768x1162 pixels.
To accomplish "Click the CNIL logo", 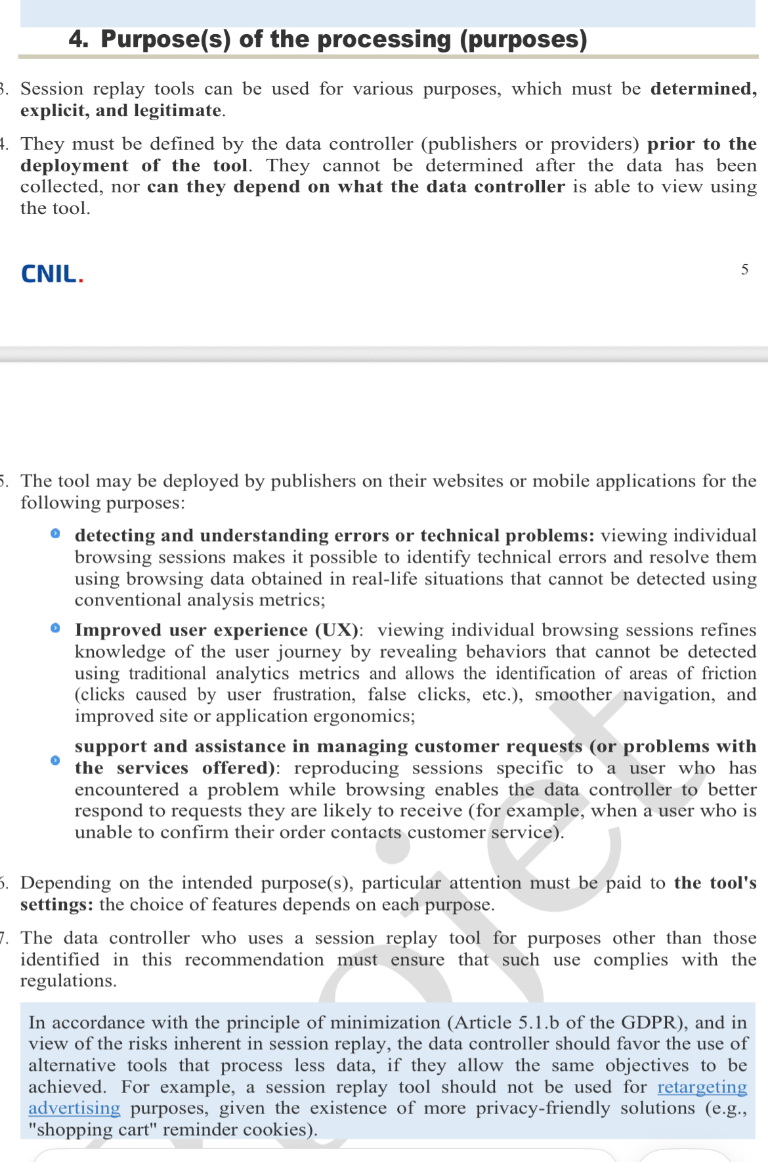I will (52, 274).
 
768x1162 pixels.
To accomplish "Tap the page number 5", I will (744, 270).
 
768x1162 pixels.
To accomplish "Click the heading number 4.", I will (78, 39).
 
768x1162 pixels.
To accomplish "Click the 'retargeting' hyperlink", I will (702, 1087).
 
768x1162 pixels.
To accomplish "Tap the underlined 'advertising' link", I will (74, 1108).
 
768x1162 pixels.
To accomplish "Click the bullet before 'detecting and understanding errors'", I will (56, 534).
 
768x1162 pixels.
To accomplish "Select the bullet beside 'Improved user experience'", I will (56, 628).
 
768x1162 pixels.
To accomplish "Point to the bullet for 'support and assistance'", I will (56, 760).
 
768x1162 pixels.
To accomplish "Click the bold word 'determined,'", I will (703, 89).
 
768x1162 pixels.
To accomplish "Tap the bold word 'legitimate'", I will (177, 110).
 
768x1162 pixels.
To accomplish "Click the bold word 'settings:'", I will (56, 905).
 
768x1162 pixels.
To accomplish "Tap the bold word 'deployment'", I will (74, 165).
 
